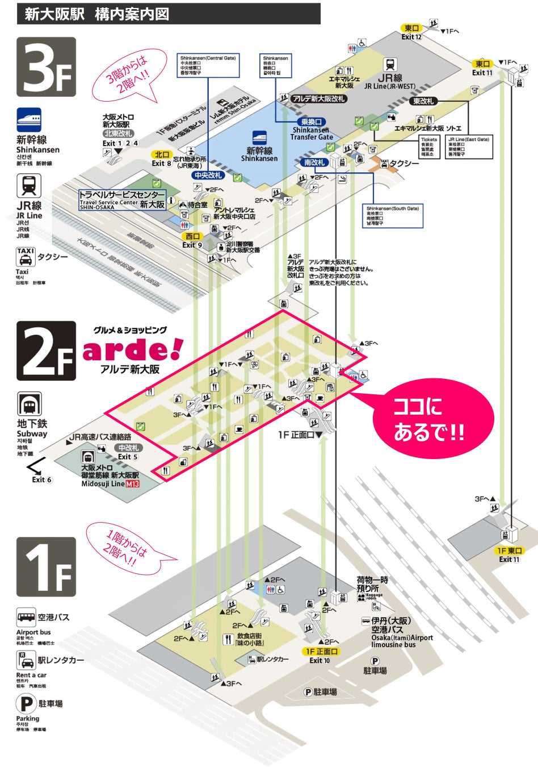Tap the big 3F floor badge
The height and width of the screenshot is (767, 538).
[46, 67]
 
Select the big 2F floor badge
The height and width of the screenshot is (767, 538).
[46, 351]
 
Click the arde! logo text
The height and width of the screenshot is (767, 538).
[133, 350]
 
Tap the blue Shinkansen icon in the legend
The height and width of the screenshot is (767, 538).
[29, 119]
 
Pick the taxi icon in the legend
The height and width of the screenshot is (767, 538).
[26, 257]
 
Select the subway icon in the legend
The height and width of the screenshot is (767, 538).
[29, 405]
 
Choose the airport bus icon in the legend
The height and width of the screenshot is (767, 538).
[26, 617]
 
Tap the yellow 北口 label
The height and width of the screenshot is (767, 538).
[162, 155]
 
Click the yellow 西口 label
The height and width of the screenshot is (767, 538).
[192, 236]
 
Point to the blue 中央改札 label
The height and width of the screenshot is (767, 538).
[208, 176]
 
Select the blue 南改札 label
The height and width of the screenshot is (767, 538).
[314, 162]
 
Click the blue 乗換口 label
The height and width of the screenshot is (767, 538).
[311, 122]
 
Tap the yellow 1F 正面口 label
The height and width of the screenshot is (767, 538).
[322, 652]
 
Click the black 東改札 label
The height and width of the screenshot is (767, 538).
[423, 101]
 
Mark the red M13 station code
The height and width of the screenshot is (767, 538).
[132, 484]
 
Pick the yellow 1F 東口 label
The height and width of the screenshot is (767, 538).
[509, 551]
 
